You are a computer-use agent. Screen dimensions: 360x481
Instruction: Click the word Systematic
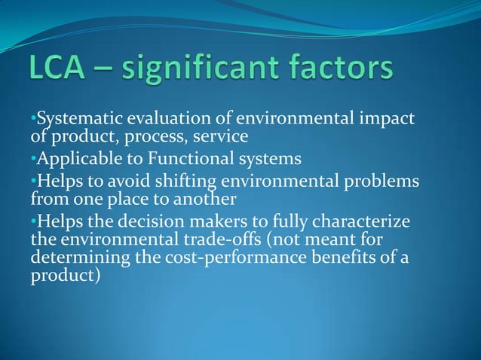[75, 120]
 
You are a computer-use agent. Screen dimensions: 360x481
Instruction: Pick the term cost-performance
[219, 258]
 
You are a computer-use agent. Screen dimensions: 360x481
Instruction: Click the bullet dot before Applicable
[33, 160]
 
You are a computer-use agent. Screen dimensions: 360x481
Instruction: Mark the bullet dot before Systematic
[33, 120]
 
